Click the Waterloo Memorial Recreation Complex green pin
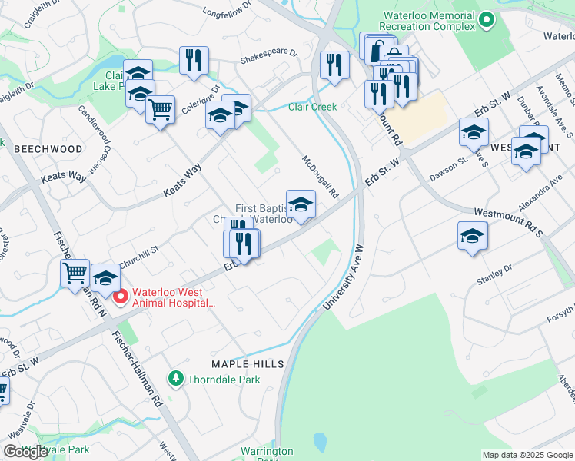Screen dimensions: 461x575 [x=486, y=21]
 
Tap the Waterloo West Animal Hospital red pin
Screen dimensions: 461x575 [x=120, y=297]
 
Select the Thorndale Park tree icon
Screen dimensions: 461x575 [x=176, y=379]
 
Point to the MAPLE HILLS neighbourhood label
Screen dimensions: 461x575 [x=248, y=363]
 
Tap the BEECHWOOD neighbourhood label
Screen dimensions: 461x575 [x=48, y=148]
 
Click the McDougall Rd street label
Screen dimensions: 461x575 [x=320, y=177]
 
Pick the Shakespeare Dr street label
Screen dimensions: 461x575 [x=268, y=55]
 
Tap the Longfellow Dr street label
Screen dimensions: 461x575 [x=227, y=11]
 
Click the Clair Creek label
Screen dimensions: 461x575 [x=312, y=107]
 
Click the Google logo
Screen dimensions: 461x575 [x=25, y=452]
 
